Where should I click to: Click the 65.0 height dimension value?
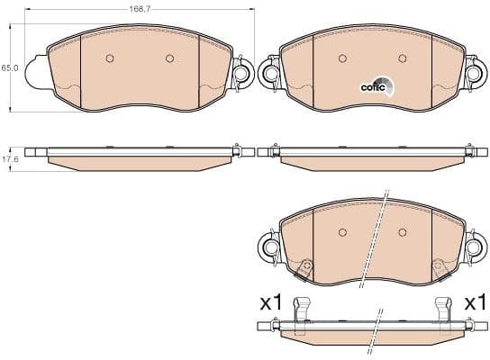coord(9,67)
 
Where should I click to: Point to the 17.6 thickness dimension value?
coord(10,159)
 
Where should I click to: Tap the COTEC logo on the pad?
coord(377,86)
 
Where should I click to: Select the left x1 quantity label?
coord(270,303)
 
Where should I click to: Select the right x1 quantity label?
coord(476,303)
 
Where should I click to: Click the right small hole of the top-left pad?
coord(169,59)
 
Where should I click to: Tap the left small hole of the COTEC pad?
coord(342,59)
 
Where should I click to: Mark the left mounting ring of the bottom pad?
coord(268,245)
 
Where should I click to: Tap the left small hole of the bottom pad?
coord(342,232)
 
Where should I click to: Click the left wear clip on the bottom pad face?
coord(306,267)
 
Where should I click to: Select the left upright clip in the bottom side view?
coord(304,308)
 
